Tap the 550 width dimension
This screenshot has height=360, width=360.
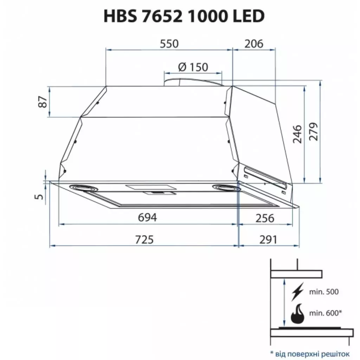169,44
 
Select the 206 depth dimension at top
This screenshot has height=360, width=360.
253,44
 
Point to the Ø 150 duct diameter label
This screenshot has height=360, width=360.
193,67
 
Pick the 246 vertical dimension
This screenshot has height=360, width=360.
297,134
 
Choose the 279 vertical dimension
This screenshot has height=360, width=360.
313,132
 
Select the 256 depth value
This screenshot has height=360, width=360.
264,218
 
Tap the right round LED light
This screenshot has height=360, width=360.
226,188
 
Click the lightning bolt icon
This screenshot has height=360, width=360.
298,291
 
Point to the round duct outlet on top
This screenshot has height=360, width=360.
193,82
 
